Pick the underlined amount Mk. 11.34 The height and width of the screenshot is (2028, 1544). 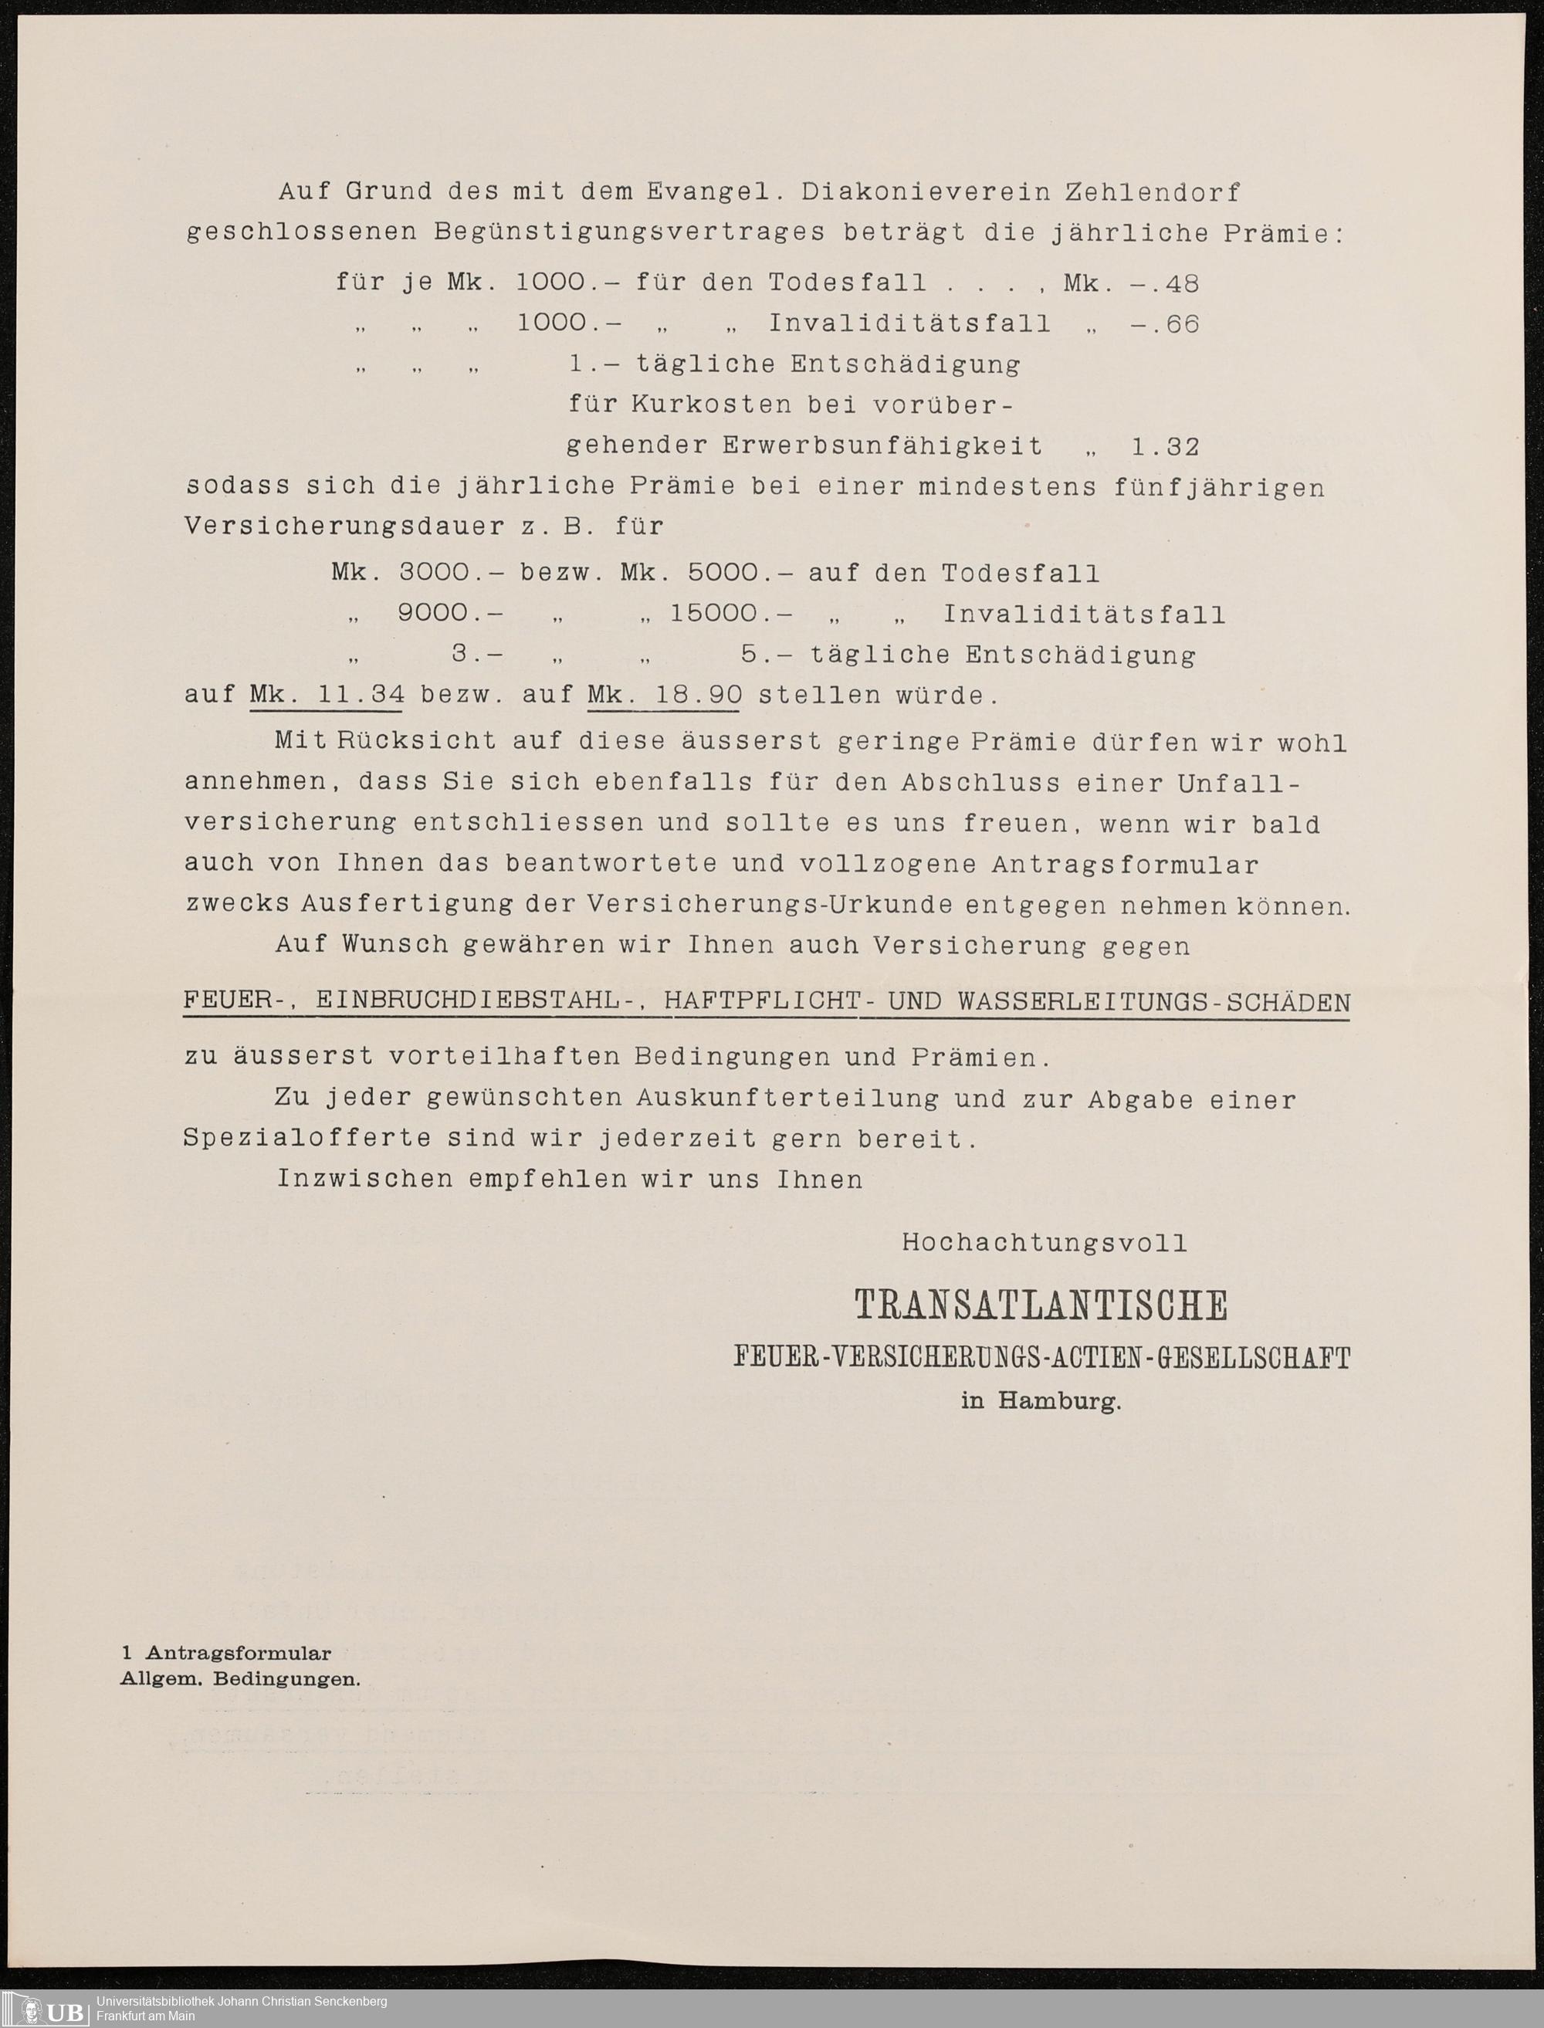(x=327, y=695)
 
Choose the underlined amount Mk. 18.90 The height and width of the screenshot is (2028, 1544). (x=664, y=695)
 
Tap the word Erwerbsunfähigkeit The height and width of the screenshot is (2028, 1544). (x=882, y=448)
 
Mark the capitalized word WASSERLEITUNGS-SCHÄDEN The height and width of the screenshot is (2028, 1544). (x=1153, y=1000)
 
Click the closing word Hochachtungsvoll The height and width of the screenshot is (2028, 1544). (x=1044, y=1243)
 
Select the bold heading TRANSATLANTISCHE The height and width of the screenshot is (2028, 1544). (x=1041, y=1305)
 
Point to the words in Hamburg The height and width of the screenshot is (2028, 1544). (x=1041, y=1401)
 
